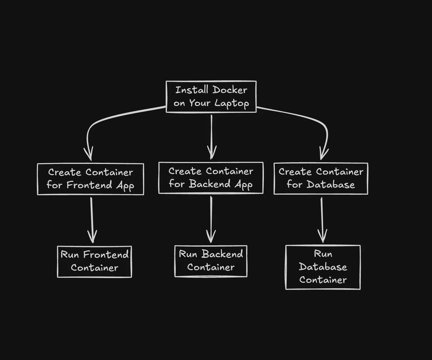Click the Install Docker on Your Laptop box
211,97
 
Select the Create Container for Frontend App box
90,179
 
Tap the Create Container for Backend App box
211,178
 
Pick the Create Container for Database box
321,179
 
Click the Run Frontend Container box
94,261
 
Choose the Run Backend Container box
211,261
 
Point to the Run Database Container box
323,267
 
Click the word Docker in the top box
230,90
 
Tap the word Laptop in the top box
231,103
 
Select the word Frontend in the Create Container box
90,185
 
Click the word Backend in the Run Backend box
222,254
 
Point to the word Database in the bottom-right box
323,267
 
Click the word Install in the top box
192,90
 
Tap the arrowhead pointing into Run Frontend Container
92,237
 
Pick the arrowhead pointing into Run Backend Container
211,237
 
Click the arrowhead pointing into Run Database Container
322,236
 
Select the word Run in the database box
323,254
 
